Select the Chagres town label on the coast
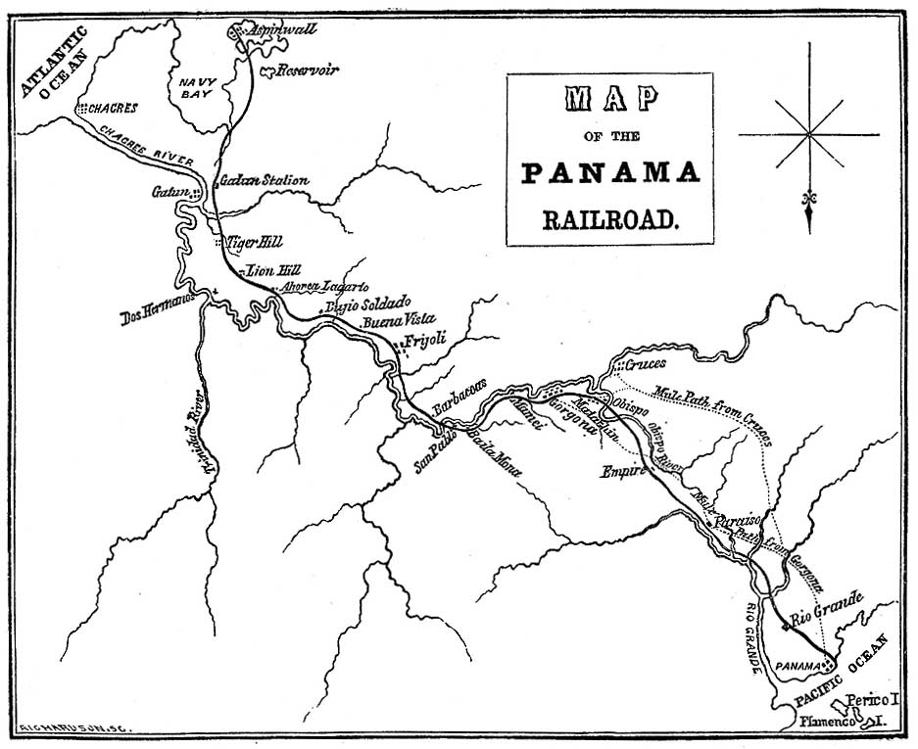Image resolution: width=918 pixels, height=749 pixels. (112, 108)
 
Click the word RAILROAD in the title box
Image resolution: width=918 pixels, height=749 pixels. (609, 217)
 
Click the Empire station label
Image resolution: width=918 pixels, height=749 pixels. (622, 471)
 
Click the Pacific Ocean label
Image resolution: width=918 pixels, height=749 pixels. (842, 671)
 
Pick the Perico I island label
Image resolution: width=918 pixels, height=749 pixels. (872, 700)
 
